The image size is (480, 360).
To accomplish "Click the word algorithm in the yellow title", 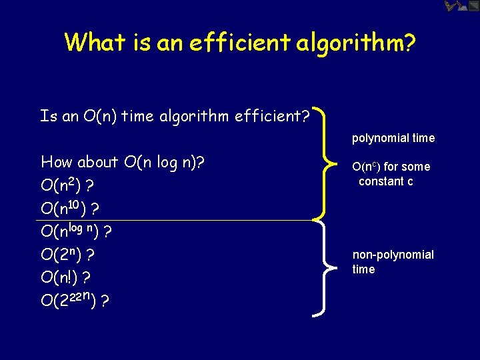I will tap(348, 43).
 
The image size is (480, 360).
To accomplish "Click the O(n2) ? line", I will tap(66, 185).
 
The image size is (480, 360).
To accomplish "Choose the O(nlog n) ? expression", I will tap(75, 231).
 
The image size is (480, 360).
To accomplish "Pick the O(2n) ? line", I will tap(67, 255).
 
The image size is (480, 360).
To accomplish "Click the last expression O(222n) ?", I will tap(75, 301).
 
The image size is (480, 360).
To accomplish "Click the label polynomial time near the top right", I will tap(393, 138).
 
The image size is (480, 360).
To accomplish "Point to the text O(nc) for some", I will tap(391, 167).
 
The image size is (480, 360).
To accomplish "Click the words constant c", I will tap(385, 181).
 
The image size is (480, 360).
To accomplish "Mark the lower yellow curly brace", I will tap(323, 267).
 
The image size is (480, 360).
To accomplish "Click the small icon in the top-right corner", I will tap(461, 7).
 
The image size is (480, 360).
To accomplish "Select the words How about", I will tap(79, 162).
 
